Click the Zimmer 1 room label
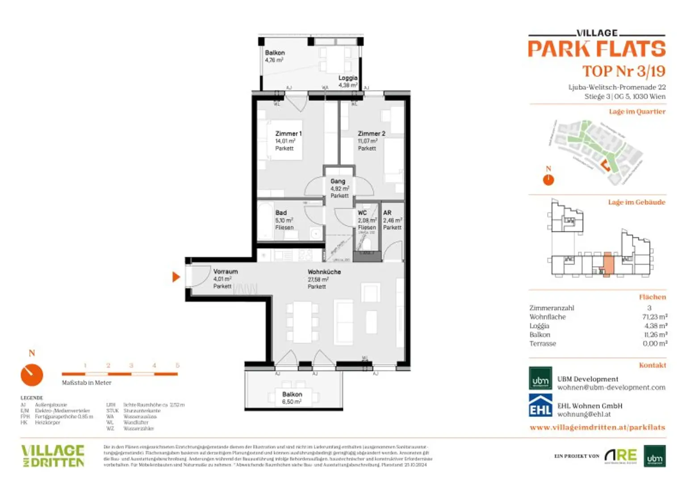(288, 134)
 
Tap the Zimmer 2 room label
(371, 134)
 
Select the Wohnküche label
(324, 272)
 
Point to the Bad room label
(281, 213)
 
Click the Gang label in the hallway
(338, 182)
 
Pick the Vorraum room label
(225, 271)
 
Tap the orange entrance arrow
(176, 277)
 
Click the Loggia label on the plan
(347, 78)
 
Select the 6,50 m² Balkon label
(292, 398)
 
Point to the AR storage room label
(387, 213)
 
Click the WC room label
(362, 213)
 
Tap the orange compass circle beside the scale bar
(32, 375)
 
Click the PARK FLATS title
(597, 49)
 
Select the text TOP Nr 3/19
(623, 71)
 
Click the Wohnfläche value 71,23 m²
(654, 317)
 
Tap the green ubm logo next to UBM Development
(540, 379)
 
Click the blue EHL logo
(540, 405)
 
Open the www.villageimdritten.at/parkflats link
(597, 427)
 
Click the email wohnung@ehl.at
(584, 414)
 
